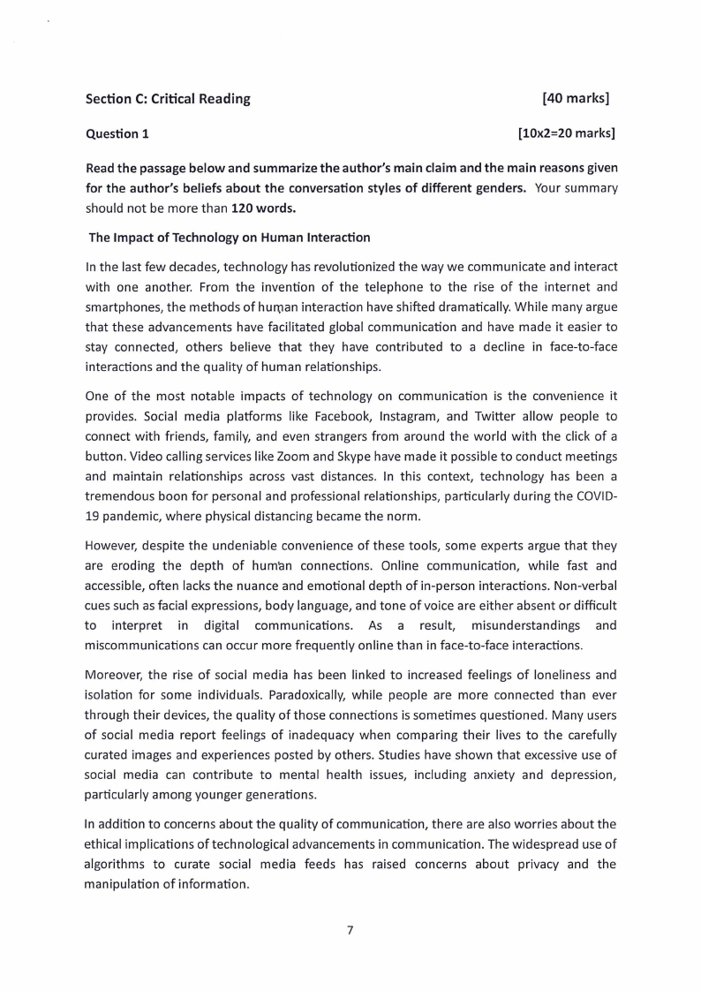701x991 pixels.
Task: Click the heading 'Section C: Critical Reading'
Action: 168,99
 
